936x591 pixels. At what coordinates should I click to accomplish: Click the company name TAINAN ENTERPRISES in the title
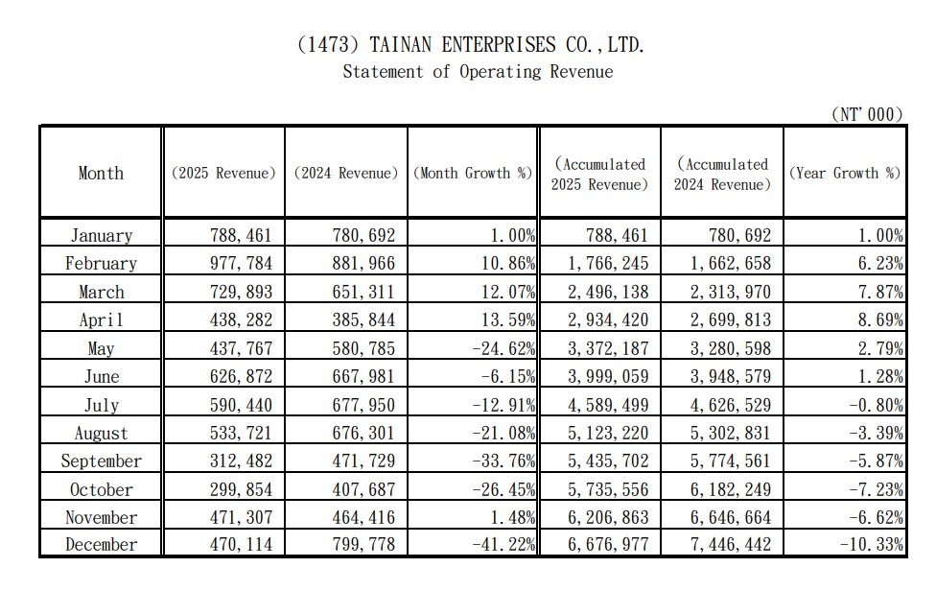(x=462, y=45)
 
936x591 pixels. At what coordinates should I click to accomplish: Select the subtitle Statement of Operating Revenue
(x=479, y=72)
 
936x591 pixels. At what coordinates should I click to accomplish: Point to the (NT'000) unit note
(x=867, y=114)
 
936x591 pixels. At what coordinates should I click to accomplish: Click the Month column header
(x=101, y=173)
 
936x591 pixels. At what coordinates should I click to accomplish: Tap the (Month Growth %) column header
(x=473, y=173)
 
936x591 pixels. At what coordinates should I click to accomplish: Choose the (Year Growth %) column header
(x=845, y=173)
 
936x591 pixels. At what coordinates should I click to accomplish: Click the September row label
(x=101, y=461)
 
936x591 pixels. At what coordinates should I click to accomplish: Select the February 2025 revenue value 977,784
(x=241, y=263)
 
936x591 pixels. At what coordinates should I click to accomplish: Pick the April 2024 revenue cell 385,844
(x=363, y=320)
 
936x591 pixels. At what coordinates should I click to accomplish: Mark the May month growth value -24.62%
(x=503, y=348)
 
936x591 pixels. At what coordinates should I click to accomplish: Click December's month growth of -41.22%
(x=503, y=544)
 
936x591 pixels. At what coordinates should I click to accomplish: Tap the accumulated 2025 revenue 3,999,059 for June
(x=608, y=377)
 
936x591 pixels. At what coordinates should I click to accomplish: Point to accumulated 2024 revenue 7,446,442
(x=731, y=544)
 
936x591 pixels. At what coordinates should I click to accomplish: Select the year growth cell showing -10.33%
(x=872, y=544)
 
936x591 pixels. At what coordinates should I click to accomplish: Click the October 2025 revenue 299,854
(x=241, y=489)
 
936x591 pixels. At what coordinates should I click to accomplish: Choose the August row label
(x=101, y=434)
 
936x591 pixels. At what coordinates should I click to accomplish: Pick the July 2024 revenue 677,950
(x=363, y=405)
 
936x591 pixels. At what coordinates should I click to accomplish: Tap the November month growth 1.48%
(x=513, y=517)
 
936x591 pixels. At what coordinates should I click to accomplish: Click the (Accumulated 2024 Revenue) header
(x=722, y=175)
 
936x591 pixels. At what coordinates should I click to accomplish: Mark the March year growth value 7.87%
(x=880, y=292)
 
